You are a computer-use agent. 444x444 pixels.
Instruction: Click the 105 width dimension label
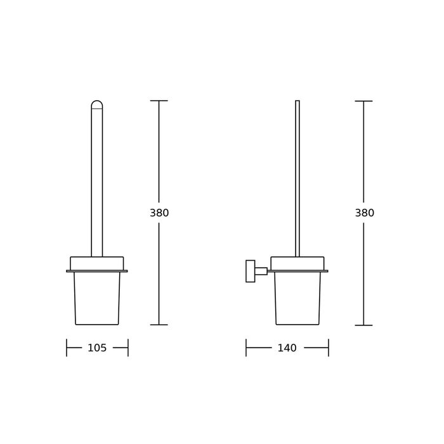pyautogui.click(x=97, y=348)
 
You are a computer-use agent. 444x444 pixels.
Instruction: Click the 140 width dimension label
pyautogui.click(x=287, y=348)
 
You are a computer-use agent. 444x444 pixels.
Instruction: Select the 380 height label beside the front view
pyautogui.click(x=159, y=212)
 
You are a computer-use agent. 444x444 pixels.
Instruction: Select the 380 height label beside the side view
pyautogui.click(x=365, y=212)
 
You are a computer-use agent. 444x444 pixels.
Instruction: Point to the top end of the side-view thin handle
pyautogui.click(x=297, y=100)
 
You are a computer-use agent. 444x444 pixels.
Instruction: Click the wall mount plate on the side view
pyautogui.click(x=251, y=271)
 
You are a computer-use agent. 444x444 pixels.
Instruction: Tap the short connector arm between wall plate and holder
pyautogui.click(x=261, y=271)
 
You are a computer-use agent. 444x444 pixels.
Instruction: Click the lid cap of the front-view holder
pyautogui.click(x=97, y=263)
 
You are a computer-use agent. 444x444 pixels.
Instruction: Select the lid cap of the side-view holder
pyautogui.click(x=297, y=263)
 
